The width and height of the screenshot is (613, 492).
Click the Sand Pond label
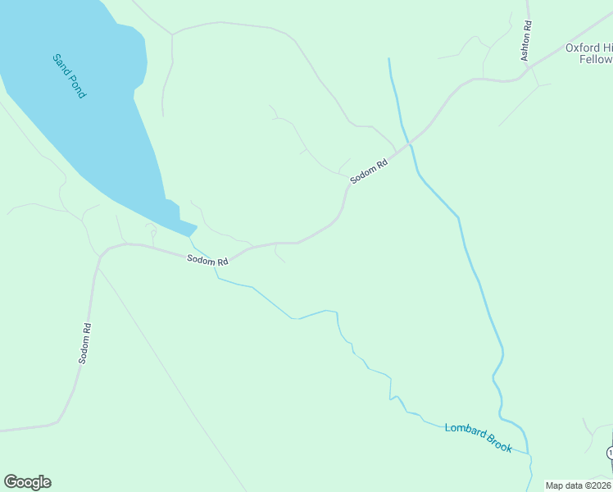click(69, 76)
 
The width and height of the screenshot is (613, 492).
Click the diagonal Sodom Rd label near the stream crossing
click(368, 171)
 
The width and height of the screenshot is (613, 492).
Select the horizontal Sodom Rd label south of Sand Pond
click(207, 260)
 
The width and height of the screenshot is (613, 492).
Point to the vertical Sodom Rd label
click(84, 343)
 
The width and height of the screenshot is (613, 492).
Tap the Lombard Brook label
click(478, 438)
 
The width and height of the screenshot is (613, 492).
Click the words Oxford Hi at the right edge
click(588, 48)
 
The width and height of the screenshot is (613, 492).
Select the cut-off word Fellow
click(596, 59)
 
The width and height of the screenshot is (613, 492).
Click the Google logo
click(27, 482)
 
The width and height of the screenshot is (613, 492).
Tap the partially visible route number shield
click(610, 453)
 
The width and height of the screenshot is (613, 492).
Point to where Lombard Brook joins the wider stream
click(529, 453)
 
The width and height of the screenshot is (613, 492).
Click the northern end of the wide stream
click(388, 59)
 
